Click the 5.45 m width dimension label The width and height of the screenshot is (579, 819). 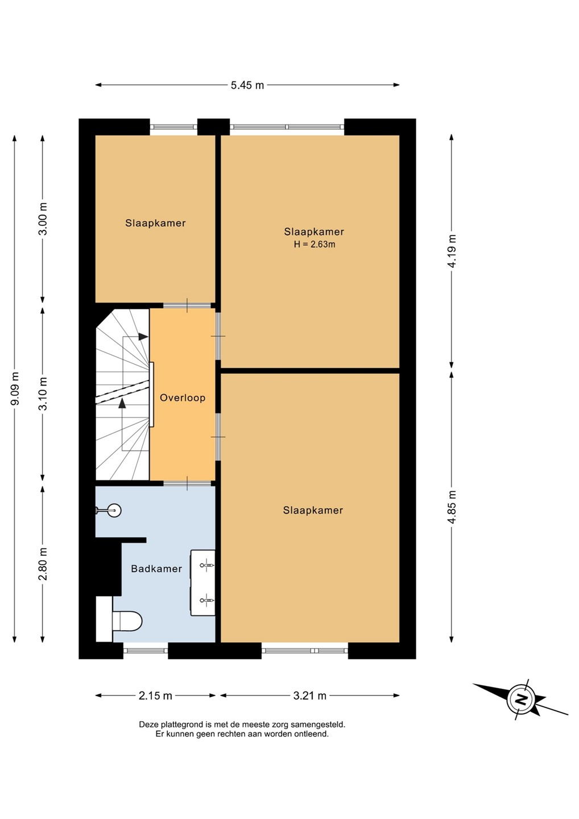pyautogui.click(x=247, y=85)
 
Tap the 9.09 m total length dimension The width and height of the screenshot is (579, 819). pyautogui.click(x=15, y=388)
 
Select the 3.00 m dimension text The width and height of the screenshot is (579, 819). pyautogui.click(x=43, y=218)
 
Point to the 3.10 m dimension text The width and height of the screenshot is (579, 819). pyautogui.click(x=43, y=394)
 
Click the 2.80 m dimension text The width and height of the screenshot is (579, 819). pyautogui.click(x=43, y=564)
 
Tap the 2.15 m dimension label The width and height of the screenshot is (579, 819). pyautogui.click(x=155, y=696)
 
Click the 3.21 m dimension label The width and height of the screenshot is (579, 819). pyautogui.click(x=309, y=696)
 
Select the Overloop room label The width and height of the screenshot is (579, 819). pyautogui.click(x=183, y=398)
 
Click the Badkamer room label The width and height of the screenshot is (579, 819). pyautogui.click(x=156, y=569)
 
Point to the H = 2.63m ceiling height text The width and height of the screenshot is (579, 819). pyautogui.click(x=315, y=245)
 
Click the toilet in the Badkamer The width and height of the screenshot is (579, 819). pyautogui.click(x=127, y=621)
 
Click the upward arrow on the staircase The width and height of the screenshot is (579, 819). pyautogui.click(x=122, y=403)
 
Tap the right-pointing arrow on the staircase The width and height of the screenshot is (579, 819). pyautogui.click(x=143, y=336)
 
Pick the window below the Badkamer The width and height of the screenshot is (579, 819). pyautogui.click(x=146, y=651)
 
